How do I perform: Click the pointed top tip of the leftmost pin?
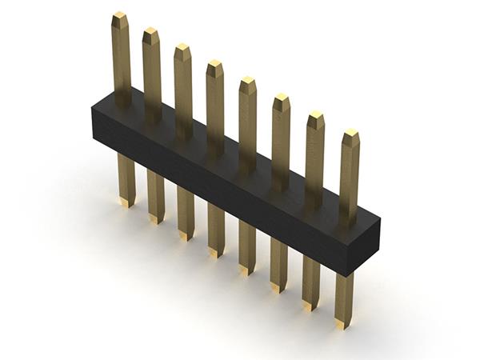tap(120, 16)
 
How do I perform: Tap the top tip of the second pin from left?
tap(150, 32)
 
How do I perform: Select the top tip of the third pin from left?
tap(183, 48)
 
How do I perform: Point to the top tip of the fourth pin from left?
tap(215, 64)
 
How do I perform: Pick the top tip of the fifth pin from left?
tap(248, 81)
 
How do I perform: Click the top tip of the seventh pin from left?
tap(316, 115)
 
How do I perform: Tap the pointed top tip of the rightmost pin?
tap(350, 134)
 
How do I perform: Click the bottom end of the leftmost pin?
tap(126, 203)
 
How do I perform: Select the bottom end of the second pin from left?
tap(155, 219)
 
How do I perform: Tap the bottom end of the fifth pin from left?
tap(246, 270)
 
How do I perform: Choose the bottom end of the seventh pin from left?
tap(310, 306)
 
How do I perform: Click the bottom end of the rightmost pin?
tap(342, 324)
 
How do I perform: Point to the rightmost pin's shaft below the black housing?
tap(344, 296)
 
